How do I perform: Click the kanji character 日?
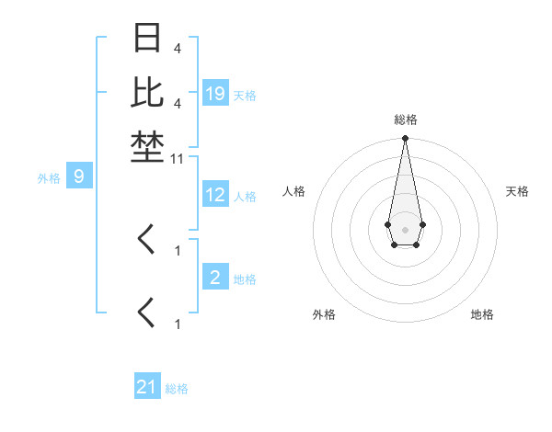148,39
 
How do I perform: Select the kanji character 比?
148,92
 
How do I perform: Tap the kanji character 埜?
148,146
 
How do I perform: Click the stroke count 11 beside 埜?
178,159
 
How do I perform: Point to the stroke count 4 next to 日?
177,48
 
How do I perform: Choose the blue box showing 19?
215,94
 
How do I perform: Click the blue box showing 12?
215,195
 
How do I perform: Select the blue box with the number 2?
215,278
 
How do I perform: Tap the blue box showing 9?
79,176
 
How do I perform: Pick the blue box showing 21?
147,387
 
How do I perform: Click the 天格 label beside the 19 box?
245,95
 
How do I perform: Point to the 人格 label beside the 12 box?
245,196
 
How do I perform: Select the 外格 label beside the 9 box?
49,177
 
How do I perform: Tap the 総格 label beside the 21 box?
177,389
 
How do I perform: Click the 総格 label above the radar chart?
405,119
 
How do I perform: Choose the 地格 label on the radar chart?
482,314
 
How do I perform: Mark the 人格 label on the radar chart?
294,191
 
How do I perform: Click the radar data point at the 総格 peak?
405,138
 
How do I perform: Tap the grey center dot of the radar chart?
405,229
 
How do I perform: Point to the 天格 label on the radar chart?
517,191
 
